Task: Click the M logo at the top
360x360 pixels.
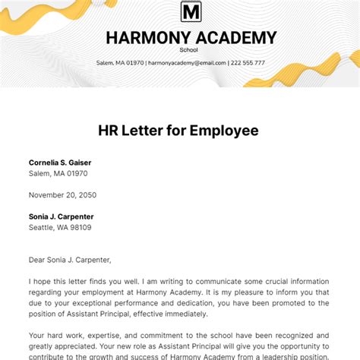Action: point(191,11)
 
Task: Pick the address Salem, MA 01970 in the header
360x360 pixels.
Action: point(119,62)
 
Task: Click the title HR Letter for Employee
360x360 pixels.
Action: point(179,130)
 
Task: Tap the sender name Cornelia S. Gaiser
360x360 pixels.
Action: point(66,163)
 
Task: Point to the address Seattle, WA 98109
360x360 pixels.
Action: point(60,227)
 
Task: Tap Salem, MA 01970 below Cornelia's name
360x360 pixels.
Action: point(58,173)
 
